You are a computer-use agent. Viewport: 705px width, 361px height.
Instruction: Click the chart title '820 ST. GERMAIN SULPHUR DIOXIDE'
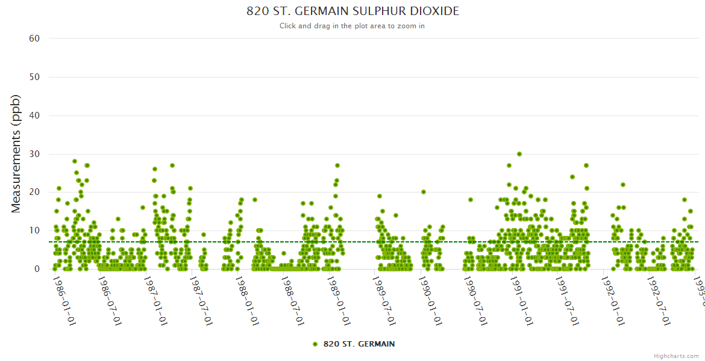pyautogui.click(x=352, y=11)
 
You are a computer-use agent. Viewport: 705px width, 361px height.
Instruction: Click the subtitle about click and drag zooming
pyautogui.click(x=352, y=26)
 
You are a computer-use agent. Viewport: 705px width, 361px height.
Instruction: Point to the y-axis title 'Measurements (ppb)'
pyautogui.click(x=16, y=153)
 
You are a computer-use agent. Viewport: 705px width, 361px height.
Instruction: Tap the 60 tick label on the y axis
pyautogui.click(x=34, y=39)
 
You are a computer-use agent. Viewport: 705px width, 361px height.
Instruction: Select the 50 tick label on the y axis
pyautogui.click(x=34, y=77)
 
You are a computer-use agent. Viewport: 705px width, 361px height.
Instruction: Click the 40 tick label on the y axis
pyautogui.click(x=34, y=116)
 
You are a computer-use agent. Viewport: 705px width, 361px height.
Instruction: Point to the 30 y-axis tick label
pyautogui.click(x=34, y=154)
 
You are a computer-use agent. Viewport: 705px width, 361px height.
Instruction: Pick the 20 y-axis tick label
pyautogui.click(x=34, y=192)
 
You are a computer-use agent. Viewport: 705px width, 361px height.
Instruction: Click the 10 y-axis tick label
pyautogui.click(x=34, y=230)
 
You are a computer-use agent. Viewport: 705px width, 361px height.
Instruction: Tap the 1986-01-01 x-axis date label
pyautogui.click(x=64, y=300)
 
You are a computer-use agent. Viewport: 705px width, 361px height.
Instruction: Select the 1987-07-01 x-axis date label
pyautogui.click(x=201, y=300)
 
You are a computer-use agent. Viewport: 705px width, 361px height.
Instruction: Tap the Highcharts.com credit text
pyautogui.click(x=677, y=356)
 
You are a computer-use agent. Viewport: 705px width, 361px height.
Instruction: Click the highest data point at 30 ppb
pyautogui.click(x=519, y=154)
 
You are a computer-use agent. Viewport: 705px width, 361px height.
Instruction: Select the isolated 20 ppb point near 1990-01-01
pyautogui.click(x=424, y=192)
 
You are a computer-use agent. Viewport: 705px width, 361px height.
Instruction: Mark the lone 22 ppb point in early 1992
pyautogui.click(x=623, y=185)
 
